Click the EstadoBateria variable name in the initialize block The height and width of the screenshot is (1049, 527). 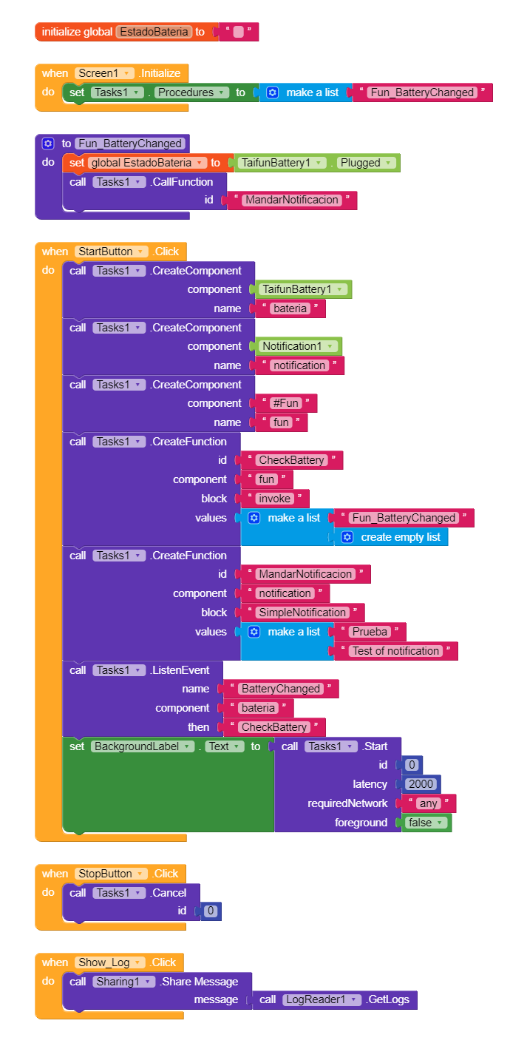pos(154,32)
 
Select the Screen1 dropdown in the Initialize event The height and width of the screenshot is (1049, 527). pos(104,73)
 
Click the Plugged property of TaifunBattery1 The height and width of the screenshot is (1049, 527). pos(367,163)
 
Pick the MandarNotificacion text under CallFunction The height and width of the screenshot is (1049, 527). pos(292,200)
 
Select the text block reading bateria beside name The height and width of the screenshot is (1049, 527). pos(290,308)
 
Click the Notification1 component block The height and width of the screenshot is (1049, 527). pos(299,346)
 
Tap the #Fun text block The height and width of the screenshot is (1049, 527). pos(286,403)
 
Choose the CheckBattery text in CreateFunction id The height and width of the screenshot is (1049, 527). pos(291,460)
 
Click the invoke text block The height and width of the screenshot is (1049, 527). pos(275,499)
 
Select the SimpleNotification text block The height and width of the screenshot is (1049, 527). pos(302,613)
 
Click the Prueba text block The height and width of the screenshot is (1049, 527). pos(370,632)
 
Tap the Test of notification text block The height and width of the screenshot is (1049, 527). pos(395,651)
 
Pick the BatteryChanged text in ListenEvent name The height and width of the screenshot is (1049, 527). pos(281,689)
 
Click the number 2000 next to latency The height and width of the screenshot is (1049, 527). pos(422,784)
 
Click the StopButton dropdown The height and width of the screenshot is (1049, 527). pos(111,874)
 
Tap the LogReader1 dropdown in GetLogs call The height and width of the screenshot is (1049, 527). pos(322,1000)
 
